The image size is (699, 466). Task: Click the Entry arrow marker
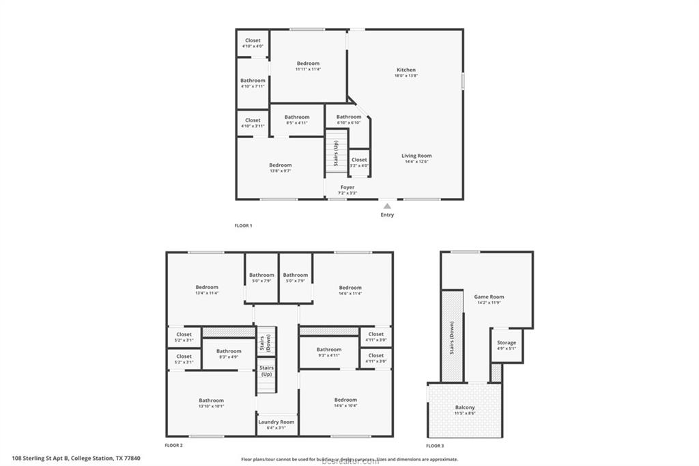point(387,205)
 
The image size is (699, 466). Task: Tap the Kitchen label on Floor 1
point(406,70)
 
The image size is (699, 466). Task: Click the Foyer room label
point(348,187)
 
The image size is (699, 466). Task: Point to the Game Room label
point(489,297)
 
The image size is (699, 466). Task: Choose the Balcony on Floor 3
point(465,408)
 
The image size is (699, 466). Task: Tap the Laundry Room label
point(276,422)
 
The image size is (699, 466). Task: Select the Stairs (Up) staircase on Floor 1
point(336,153)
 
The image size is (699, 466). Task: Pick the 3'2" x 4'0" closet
point(359,163)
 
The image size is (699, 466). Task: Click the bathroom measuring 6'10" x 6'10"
point(349,120)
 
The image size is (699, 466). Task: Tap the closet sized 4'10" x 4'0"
point(253,43)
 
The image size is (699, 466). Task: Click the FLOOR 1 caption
point(243,225)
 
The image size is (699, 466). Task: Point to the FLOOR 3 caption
point(435,446)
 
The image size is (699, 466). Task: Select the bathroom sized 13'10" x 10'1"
point(211,403)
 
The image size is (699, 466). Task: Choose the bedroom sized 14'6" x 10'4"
point(345,402)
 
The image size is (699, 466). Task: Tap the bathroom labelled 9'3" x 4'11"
point(329,352)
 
